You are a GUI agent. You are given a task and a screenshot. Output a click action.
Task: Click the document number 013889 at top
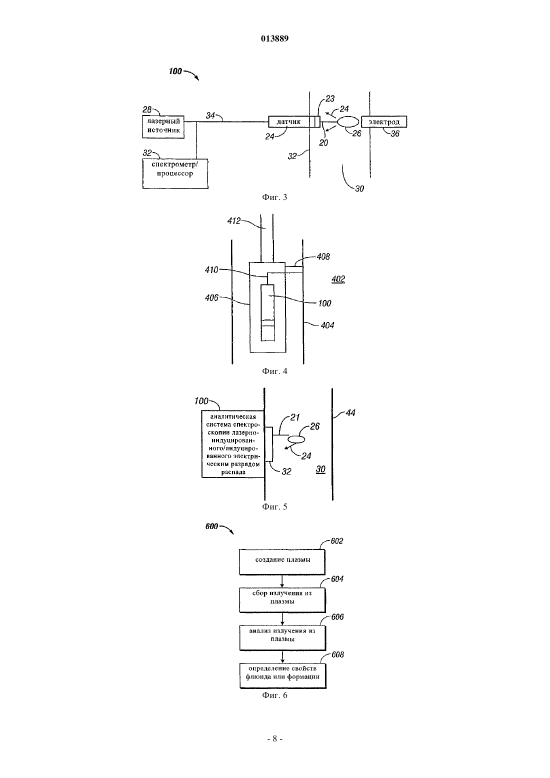(x=274, y=38)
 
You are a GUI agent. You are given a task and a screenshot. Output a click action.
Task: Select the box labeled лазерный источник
(x=163, y=127)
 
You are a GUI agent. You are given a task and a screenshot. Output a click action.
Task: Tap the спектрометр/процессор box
(x=175, y=173)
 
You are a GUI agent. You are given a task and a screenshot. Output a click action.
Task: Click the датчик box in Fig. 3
(x=294, y=122)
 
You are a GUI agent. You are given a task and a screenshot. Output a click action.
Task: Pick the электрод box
(x=383, y=122)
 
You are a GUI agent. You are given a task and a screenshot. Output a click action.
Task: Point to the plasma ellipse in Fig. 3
(x=348, y=122)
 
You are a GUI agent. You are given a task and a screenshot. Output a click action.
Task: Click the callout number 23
(x=330, y=99)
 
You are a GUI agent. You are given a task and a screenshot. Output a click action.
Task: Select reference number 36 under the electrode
(x=395, y=133)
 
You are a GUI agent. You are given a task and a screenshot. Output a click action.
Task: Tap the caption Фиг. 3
(x=274, y=197)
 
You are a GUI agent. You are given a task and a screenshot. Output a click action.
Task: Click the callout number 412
(x=233, y=221)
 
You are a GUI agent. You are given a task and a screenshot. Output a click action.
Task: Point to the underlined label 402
(x=338, y=279)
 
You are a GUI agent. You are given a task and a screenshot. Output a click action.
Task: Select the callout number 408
(x=323, y=257)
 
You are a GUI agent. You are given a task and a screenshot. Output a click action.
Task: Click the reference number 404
(x=327, y=325)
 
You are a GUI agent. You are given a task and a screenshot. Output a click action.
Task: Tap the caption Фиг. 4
(x=274, y=371)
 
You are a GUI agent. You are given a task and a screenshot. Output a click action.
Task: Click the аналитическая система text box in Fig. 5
(x=233, y=444)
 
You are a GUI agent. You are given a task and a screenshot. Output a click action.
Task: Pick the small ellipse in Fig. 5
(x=296, y=439)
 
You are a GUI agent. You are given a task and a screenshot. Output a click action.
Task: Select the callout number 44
(x=350, y=412)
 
